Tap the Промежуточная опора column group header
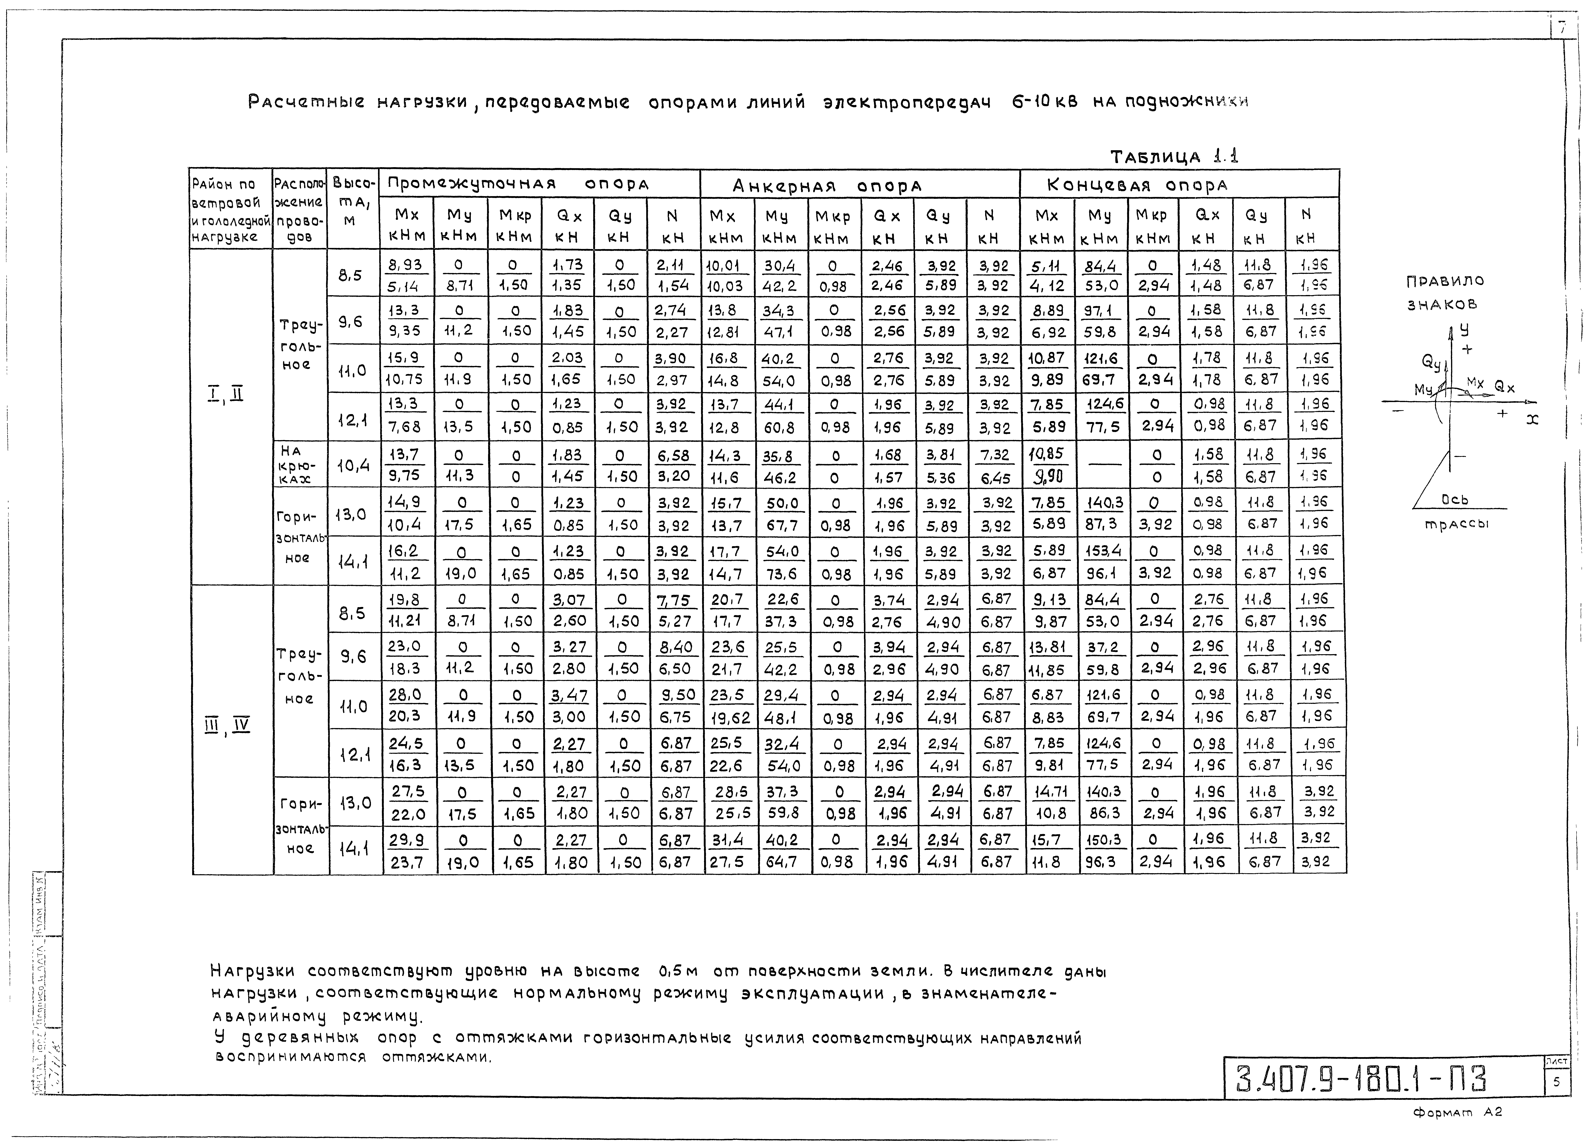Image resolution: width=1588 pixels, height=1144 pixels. [518, 184]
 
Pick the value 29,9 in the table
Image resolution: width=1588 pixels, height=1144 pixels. [407, 839]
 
